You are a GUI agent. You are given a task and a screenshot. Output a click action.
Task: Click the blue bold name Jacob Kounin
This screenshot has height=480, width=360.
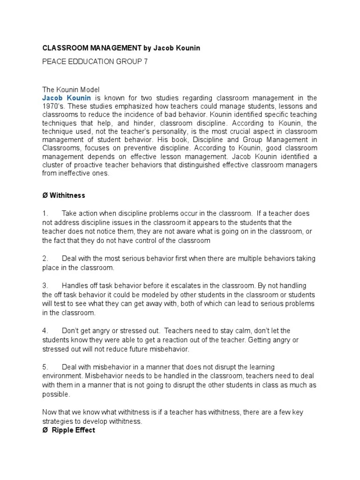67,98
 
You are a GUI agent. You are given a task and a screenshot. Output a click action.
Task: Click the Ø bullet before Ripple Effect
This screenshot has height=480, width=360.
45,430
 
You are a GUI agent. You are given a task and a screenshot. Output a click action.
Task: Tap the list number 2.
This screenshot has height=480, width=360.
45,259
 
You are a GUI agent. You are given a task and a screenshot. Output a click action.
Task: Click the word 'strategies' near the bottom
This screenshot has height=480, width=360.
58,422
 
